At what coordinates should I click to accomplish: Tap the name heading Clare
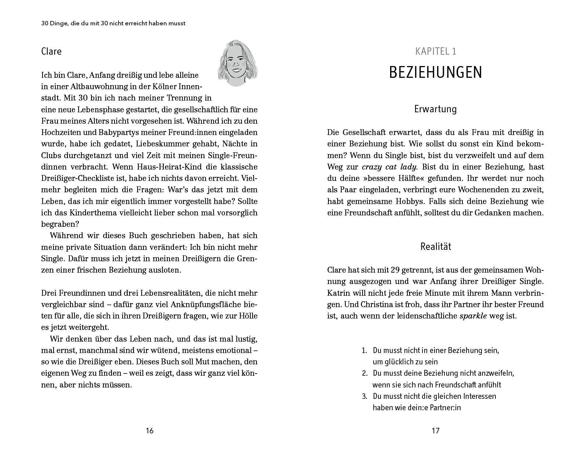[51, 51]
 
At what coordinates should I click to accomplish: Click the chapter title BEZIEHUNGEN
[435, 73]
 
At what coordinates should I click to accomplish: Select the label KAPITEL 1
[435, 51]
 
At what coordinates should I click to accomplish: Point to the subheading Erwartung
[435, 109]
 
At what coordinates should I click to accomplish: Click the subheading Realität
[435, 247]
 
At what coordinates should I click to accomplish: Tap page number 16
[149, 431]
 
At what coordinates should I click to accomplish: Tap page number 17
[435, 431]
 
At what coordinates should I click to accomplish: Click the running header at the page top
[113, 23]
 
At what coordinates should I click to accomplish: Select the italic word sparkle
[473, 316]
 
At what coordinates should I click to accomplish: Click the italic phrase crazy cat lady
[389, 167]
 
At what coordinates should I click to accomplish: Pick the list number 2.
[365, 373]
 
